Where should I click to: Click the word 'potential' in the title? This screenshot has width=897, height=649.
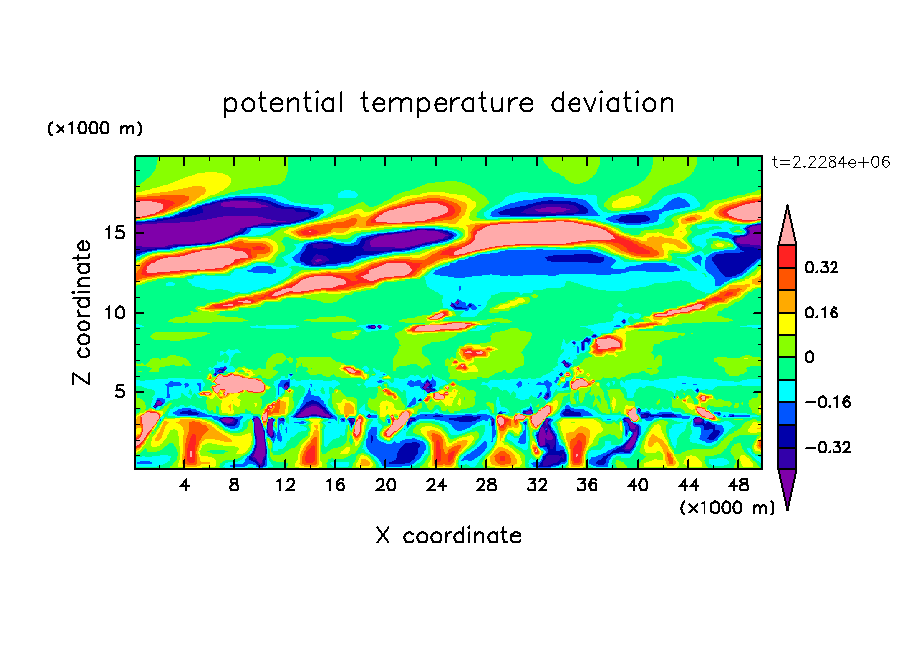click(283, 104)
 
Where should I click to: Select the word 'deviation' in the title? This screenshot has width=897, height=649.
click(612, 103)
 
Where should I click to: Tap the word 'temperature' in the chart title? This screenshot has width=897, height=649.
click(447, 104)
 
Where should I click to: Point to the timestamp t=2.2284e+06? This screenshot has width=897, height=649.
click(831, 162)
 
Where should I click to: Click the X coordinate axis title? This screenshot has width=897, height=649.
click(448, 535)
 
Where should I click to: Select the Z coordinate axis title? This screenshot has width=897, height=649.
click(82, 313)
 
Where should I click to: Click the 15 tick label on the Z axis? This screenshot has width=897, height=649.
click(115, 233)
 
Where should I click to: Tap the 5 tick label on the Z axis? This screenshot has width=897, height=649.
click(120, 391)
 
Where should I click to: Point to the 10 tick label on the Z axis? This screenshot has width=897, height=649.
click(115, 313)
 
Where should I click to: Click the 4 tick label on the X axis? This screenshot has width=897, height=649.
click(185, 485)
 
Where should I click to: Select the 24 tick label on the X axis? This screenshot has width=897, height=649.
click(436, 485)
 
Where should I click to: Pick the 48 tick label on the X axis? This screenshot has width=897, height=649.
click(738, 485)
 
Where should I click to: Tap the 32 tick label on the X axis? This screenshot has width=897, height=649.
click(537, 485)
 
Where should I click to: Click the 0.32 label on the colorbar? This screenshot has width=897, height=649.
click(822, 267)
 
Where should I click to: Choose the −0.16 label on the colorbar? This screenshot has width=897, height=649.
click(828, 402)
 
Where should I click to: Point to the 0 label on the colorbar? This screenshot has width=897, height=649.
click(809, 357)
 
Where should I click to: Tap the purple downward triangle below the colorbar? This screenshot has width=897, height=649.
click(787, 487)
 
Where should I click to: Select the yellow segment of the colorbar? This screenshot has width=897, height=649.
click(787, 324)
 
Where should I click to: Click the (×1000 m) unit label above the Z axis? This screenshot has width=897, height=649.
click(94, 128)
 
